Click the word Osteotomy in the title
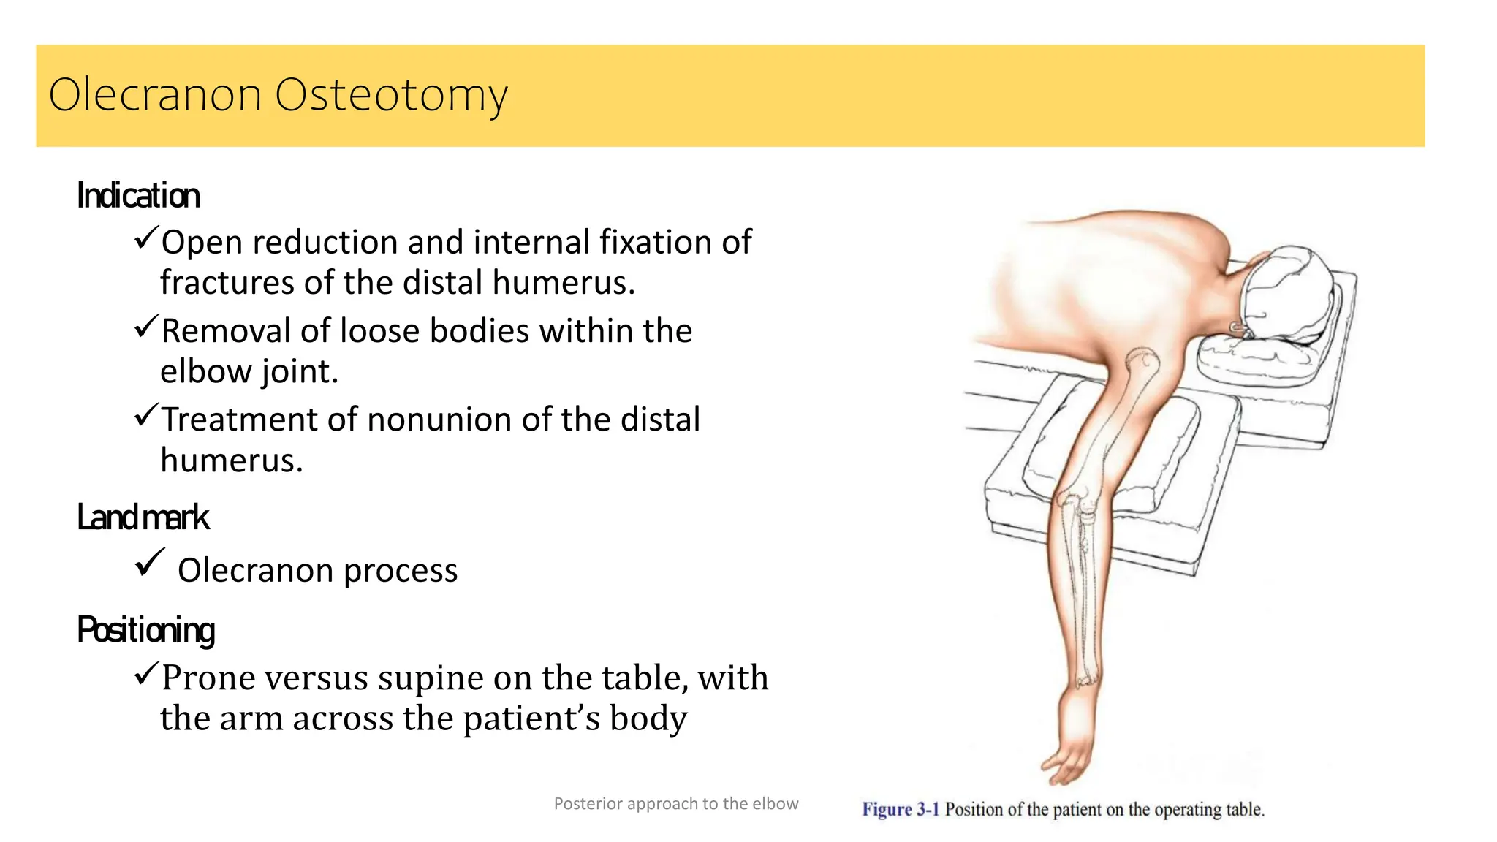(391, 95)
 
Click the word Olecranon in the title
(155, 95)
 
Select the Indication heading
(138, 196)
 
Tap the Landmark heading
(143, 517)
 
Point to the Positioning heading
(146, 630)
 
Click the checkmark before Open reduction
(146, 238)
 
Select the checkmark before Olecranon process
(150, 563)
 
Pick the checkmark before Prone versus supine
(146, 672)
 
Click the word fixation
(656, 243)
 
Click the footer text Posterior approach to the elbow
(676, 804)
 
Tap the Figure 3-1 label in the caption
(901, 810)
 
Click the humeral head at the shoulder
(1142, 360)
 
